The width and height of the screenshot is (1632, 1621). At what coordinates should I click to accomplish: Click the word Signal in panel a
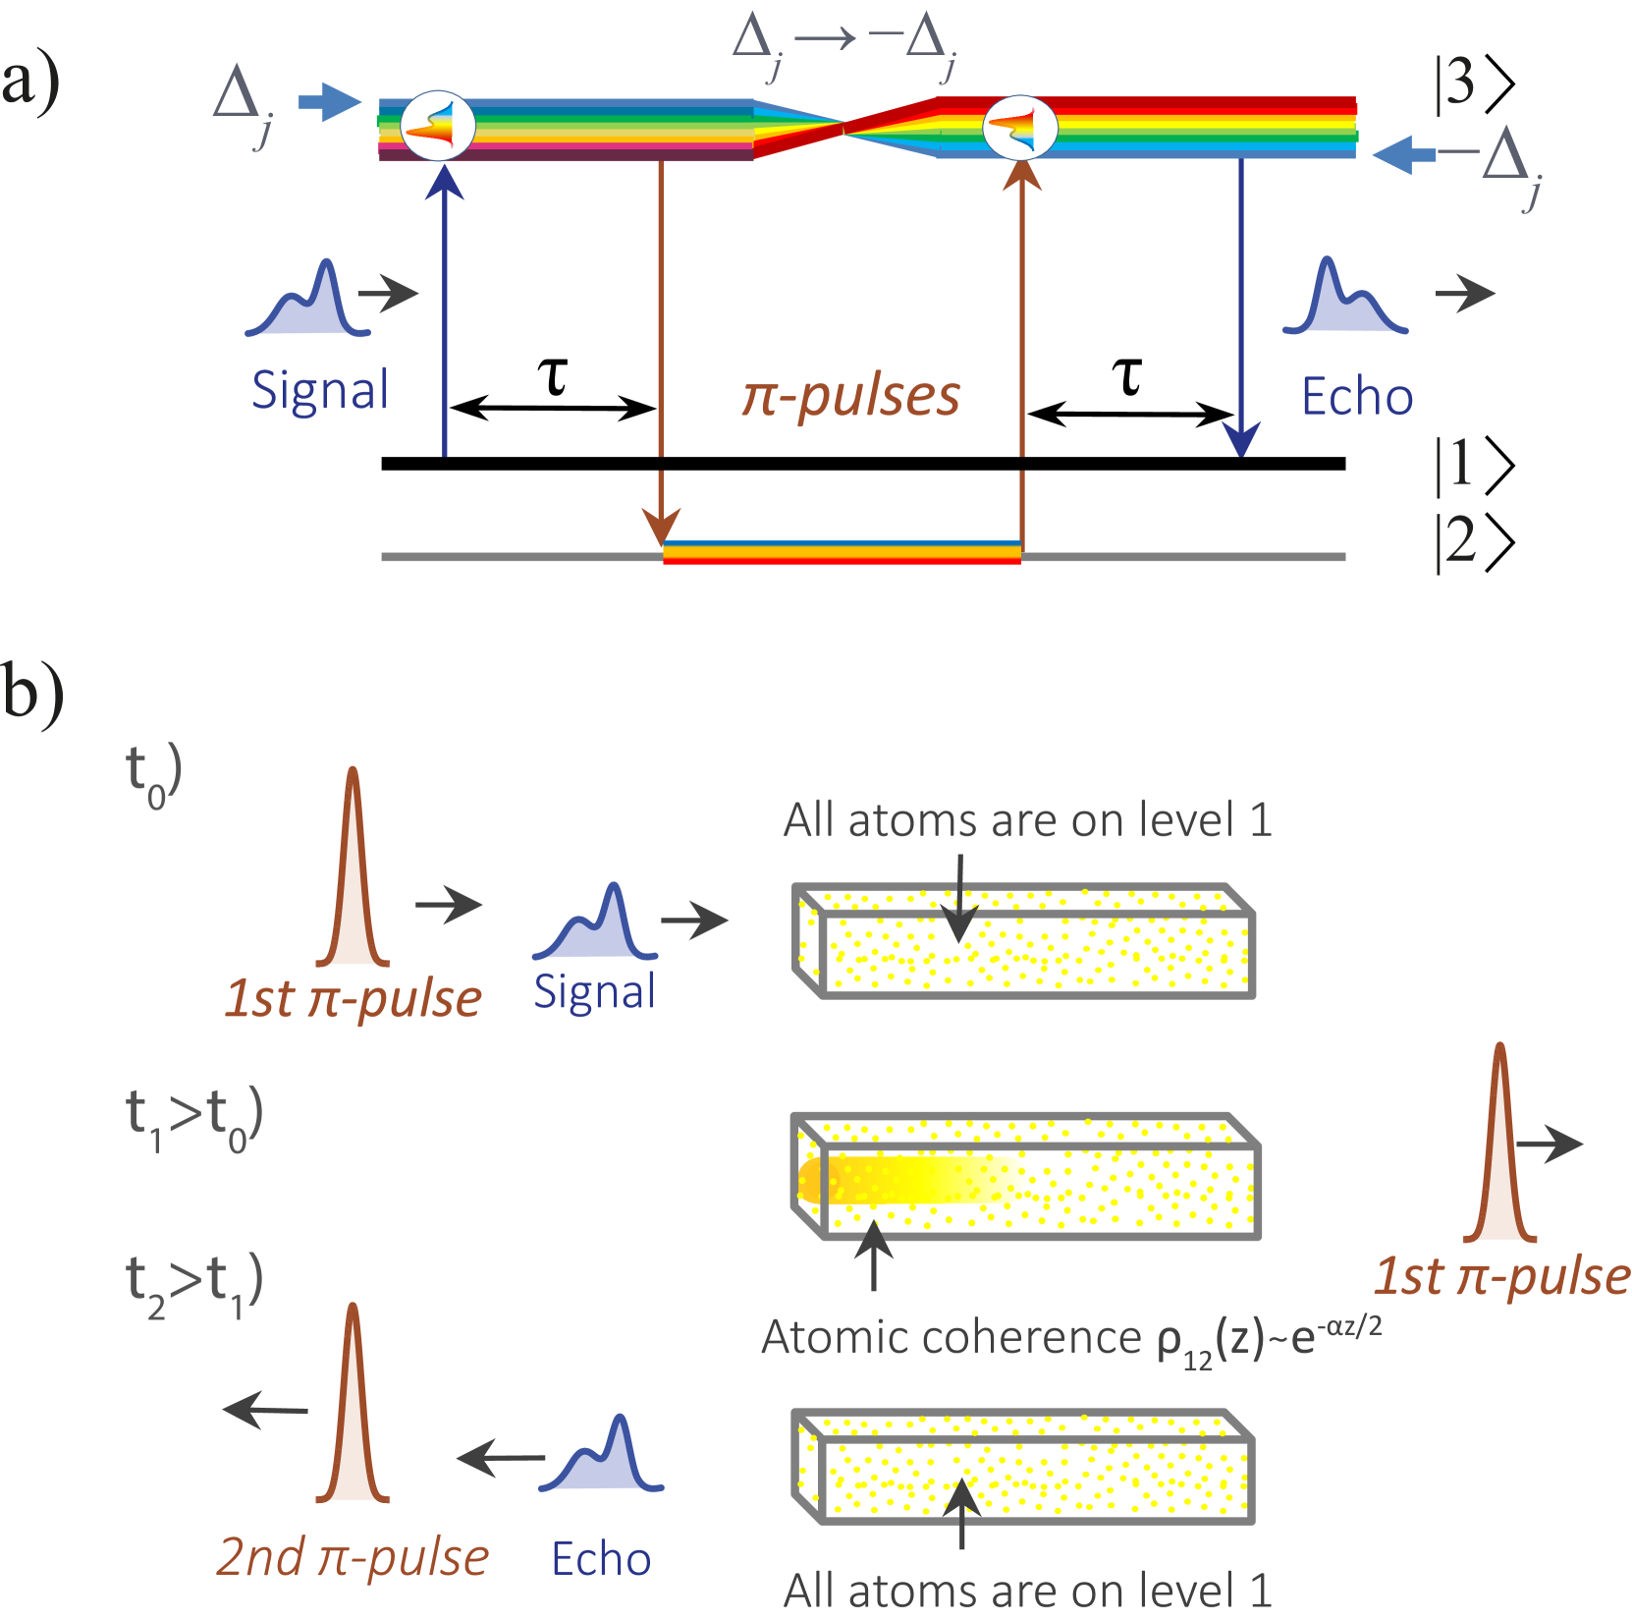(x=320, y=391)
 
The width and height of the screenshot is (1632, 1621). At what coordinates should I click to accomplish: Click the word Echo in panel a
(x=1357, y=397)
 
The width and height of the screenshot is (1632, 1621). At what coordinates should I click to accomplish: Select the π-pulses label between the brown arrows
(x=850, y=396)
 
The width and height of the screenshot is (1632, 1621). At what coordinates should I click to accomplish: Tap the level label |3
(x=1456, y=83)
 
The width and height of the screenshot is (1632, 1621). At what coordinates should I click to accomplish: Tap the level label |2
(x=1456, y=540)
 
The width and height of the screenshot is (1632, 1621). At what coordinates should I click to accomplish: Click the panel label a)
(x=29, y=83)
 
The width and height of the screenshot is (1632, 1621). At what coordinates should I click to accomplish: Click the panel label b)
(x=32, y=694)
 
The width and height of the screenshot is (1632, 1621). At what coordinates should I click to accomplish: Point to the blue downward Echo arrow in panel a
(x=1241, y=314)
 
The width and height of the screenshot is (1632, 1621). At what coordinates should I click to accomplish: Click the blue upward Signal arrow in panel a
(x=445, y=314)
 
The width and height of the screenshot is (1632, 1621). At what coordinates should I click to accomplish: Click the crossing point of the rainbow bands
(x=843, y=126)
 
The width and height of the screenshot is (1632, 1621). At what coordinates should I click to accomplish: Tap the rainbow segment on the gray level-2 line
(x=842, y=553)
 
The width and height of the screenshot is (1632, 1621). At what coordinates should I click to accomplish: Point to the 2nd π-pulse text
(x=353, y=1557)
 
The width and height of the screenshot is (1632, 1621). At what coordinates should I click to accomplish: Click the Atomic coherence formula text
(x=1070, y=1339)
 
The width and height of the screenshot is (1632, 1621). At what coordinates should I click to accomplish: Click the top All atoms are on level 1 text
(x=1027, y=820)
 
